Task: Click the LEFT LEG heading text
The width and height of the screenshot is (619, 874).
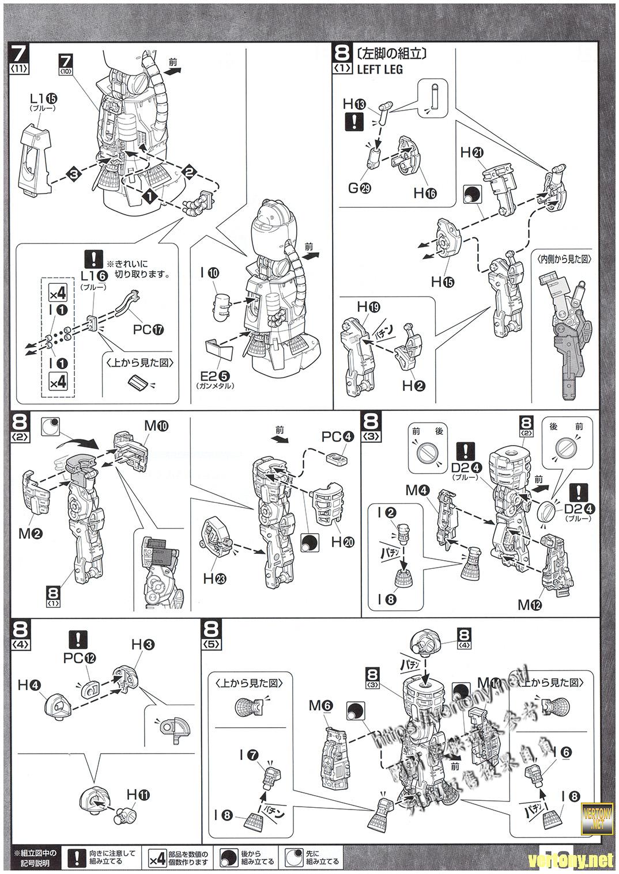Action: pos(380,70)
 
